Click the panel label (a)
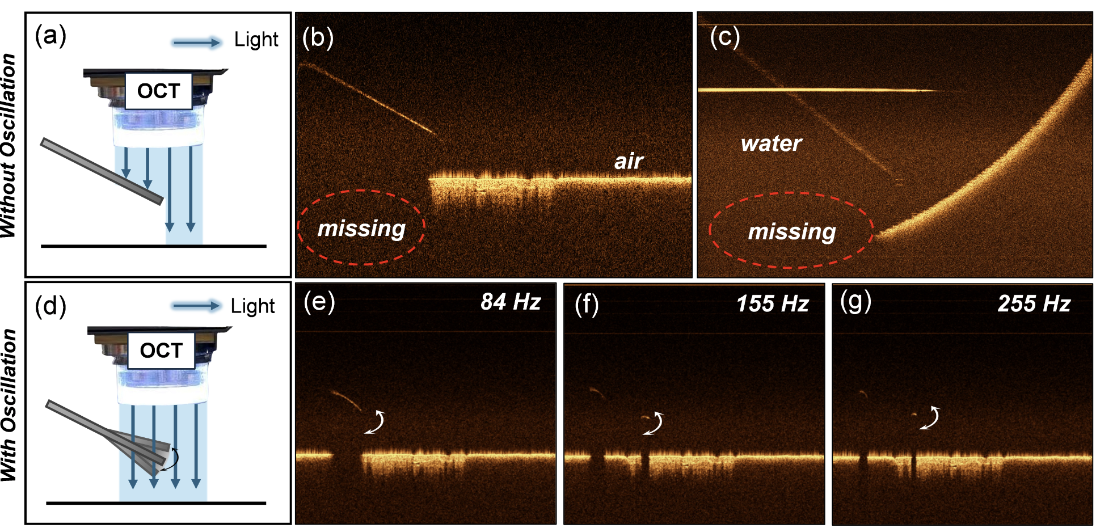click(x=50, y=36)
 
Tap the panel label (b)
click(x=318, y=37)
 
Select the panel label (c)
click(x=725, y=37)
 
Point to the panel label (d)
click(x=50, y=306)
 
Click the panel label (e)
click(x=319, y=302)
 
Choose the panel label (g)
click(x=855, y=302)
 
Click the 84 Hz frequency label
click(x=511, y=302)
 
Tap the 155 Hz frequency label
click(x=772, y=303)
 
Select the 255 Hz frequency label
click(x=1034, y=303)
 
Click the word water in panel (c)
click(x=771, y=143)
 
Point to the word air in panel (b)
click(x=629, y=162)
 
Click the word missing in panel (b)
click(x=361, y=229)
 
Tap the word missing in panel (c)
click(x=792, y=232)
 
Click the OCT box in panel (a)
click(x=158, y=91)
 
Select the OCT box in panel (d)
click(x=161, y=350)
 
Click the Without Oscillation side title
click(x=9, y=145)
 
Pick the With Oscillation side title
click(x=9, y=405)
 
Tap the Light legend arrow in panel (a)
click(x=197, y=43)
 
